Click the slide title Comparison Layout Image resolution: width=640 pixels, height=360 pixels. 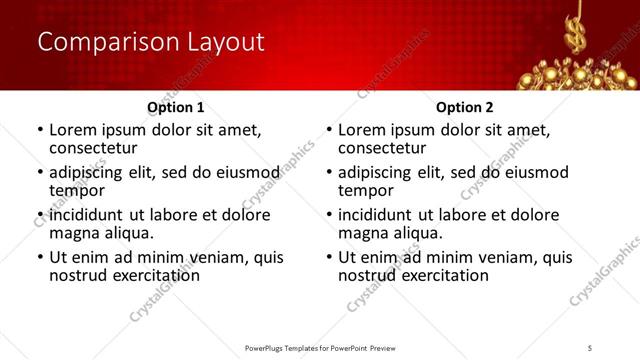pyautogui.click(x=151, y=42)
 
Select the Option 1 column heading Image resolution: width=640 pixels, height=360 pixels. pyautogui.click(x=176, y=107)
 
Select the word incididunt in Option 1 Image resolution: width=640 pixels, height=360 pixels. pyautogui.click(x=88, y=215)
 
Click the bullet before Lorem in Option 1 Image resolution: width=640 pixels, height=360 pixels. pyautogui.click(x=39, y=130)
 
